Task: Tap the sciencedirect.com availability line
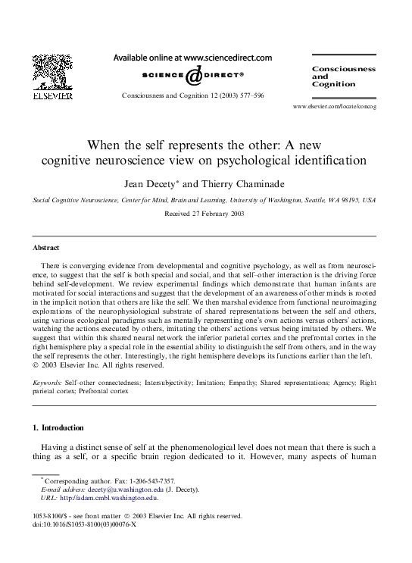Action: coord(192,57)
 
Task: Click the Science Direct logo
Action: coord(192,76)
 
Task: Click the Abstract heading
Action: coord(46,248)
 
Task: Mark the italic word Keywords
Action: coord(47,383)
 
